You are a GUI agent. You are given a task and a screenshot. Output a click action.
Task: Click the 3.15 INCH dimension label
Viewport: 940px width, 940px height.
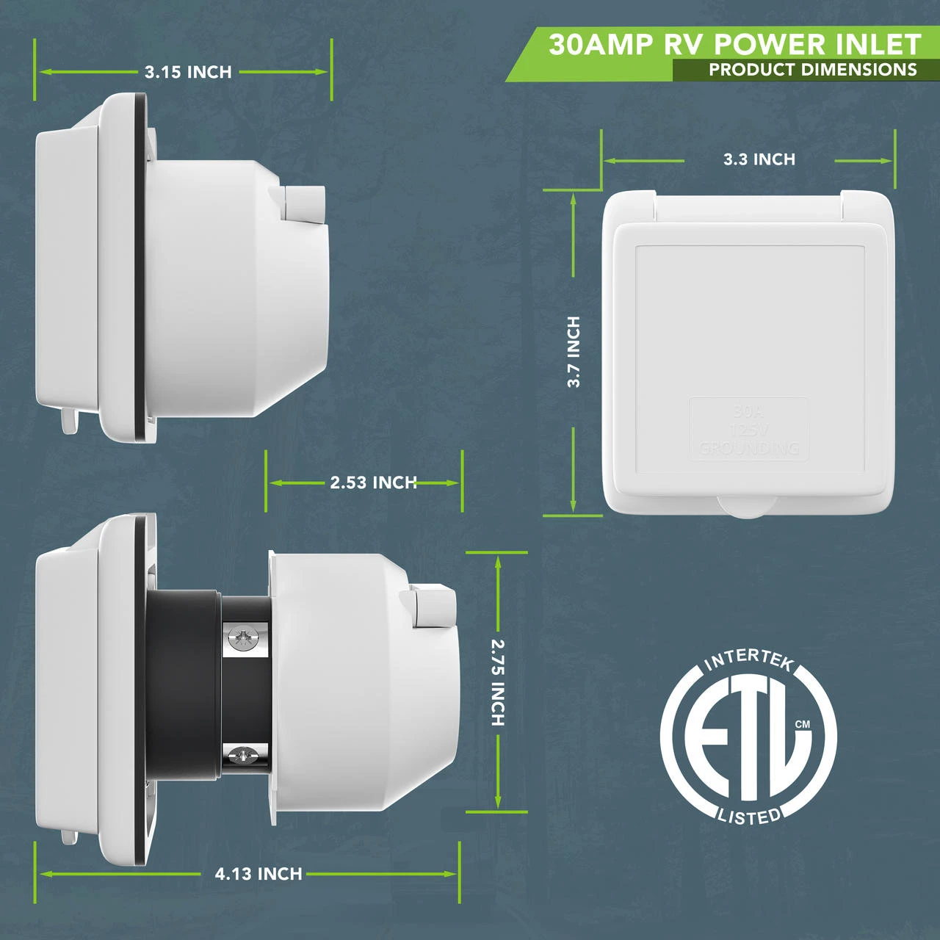pos(188,72)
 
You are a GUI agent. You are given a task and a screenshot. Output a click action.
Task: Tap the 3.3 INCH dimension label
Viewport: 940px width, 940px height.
pos(759,159)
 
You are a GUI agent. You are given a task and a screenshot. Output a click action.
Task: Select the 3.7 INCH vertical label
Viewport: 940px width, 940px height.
pos(574,352)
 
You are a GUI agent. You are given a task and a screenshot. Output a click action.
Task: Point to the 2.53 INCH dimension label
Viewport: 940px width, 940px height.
pos(373,482)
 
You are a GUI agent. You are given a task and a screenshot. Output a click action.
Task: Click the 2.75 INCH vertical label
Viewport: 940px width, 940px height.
pos(498,682)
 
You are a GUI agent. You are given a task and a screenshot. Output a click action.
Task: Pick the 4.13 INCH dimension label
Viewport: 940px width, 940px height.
pos(258,874)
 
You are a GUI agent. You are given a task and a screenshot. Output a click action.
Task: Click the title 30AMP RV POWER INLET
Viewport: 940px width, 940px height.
pos(734,45)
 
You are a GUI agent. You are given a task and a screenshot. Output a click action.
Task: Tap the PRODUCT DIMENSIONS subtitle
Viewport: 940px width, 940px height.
pos(812,70)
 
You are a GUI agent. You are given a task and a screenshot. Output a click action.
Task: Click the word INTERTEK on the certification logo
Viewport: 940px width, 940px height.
pos(748,659)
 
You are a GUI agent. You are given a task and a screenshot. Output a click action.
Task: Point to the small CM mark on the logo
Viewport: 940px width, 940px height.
pos(803,724)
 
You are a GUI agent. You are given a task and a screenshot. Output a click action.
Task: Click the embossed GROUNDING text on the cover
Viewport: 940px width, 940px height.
pos(748,447)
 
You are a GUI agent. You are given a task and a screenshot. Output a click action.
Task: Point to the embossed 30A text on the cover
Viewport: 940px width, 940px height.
pos(748,411)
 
